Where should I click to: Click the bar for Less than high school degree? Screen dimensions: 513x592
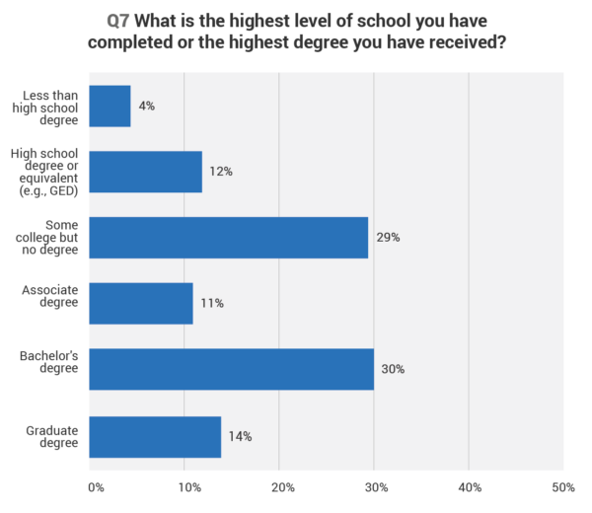(x=110, y=106)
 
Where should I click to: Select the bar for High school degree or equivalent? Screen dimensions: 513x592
(x=145, y=172)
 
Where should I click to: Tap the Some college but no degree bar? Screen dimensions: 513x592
(x=228, y=238)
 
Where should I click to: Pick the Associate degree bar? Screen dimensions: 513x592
(x=141, y=303)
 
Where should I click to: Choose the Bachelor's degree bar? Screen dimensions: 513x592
(x=231, y=369)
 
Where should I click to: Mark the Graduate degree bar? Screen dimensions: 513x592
(x=155, y=436)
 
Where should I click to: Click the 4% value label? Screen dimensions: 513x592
(x=146, y=106)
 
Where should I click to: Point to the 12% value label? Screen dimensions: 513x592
(x=220, y=172)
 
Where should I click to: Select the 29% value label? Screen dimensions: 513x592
(x=388, y=238)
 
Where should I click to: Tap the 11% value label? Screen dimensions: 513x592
(x=211, y=303)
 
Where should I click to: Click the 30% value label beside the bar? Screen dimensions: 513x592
(x=393, y=369)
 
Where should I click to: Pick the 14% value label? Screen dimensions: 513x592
(x=240, y=436)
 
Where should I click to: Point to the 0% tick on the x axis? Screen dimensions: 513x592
(x=96, y=487)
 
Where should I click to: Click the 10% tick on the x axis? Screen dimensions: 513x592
(x=187, y=487)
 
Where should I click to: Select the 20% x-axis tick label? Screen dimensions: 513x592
(x=282, y=487)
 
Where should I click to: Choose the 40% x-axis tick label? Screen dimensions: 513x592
(x=469, y=487)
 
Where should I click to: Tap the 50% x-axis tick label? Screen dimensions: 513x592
(x=563, y=487)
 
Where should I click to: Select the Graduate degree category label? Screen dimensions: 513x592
(x=52, y=436)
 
